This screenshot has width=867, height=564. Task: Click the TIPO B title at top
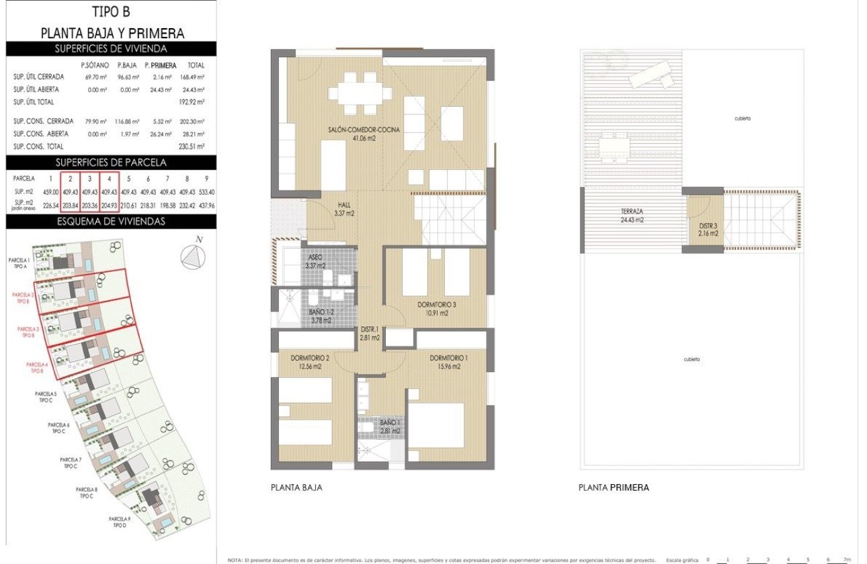[112, 11]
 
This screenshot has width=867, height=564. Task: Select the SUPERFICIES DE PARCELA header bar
[112, 162]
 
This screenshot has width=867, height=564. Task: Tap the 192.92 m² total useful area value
[196, 102]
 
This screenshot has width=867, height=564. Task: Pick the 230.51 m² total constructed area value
[196, 146]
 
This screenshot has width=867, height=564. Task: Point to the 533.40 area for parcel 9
[207, 192]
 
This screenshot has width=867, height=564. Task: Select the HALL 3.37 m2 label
[344, 210]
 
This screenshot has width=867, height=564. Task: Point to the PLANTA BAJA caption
[296, 488]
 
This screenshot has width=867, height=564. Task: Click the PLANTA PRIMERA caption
[614, 488]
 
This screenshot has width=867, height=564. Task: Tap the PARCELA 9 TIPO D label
[119, 522]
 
